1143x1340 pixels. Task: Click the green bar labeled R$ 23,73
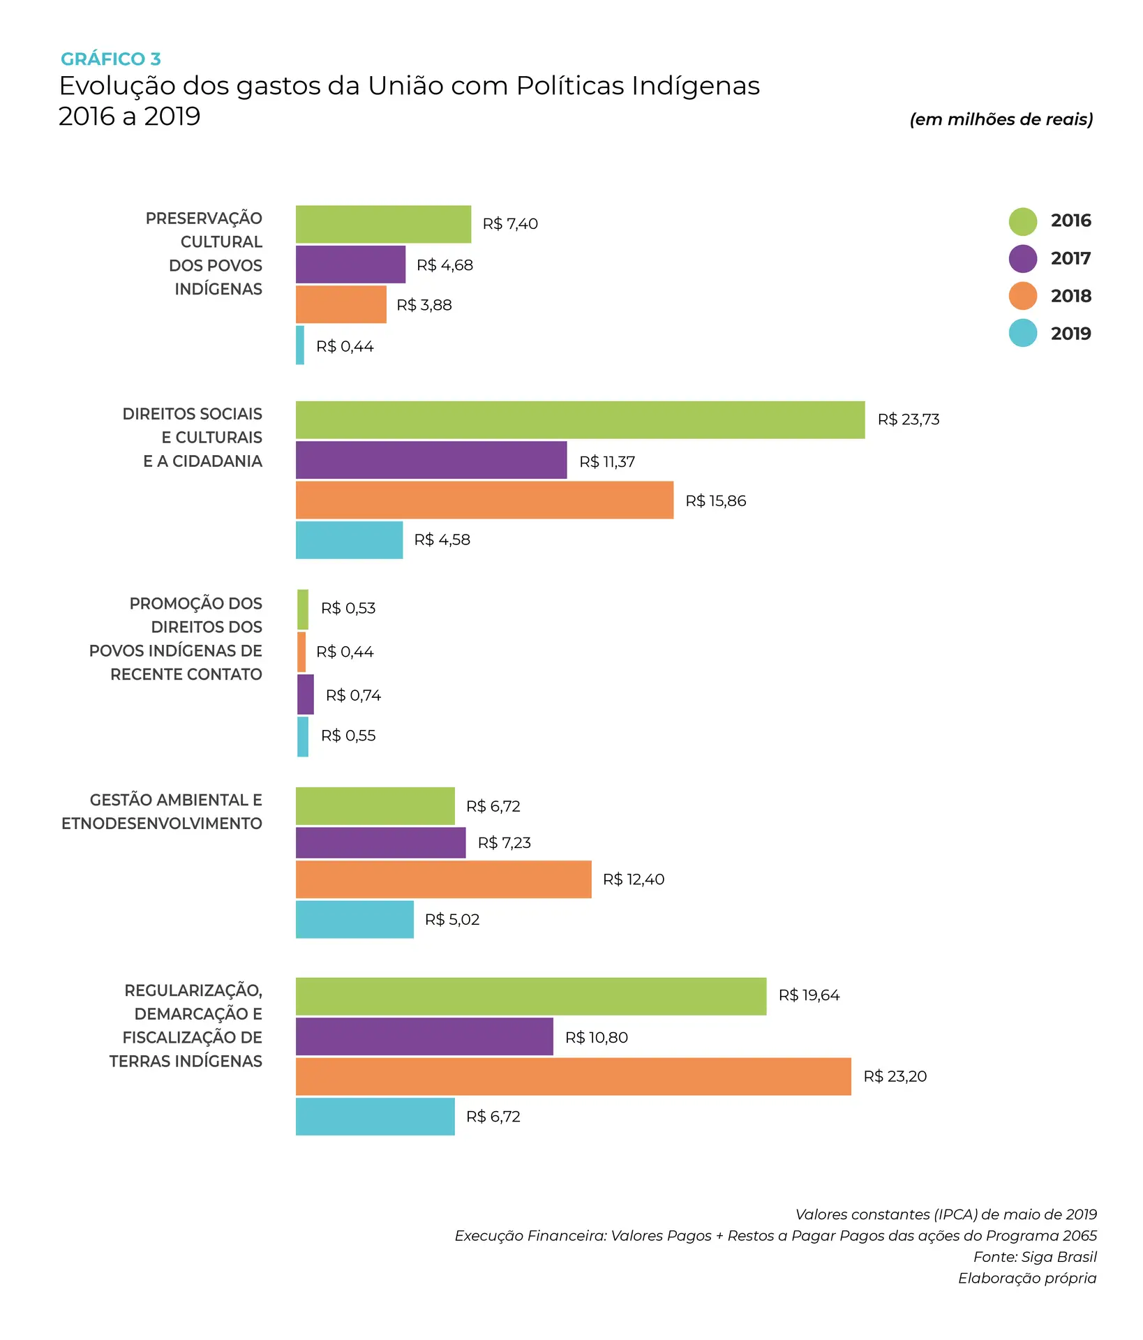pos(580,420)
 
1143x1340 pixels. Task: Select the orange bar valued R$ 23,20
pos(573,1076)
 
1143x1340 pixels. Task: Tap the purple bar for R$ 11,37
pos(431,460)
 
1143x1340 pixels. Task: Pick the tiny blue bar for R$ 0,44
pos(300,345)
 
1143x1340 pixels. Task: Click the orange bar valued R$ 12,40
pos(443,879)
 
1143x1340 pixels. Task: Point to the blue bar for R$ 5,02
pos(354,919)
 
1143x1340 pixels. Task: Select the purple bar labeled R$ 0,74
pos(306,694)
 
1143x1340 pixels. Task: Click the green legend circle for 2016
pos(1022,221)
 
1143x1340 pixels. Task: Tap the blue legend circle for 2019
pos(1022,333)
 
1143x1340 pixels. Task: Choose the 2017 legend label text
pos(1070,258)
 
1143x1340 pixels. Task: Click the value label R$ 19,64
pos(809,995)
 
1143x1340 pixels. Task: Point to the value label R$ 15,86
pos(715,501)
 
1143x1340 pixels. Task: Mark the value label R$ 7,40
pos(510,224)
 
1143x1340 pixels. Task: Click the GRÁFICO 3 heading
pos(110,59)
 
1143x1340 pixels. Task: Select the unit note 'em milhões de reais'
pos(1001,119)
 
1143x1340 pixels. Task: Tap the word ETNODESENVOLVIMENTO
pos(162,824)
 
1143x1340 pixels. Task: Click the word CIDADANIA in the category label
pos(217,461)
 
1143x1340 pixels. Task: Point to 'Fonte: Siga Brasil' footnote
pos(1035,1257)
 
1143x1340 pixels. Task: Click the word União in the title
pos(405,86)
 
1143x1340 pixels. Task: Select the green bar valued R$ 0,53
pos(303,609)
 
